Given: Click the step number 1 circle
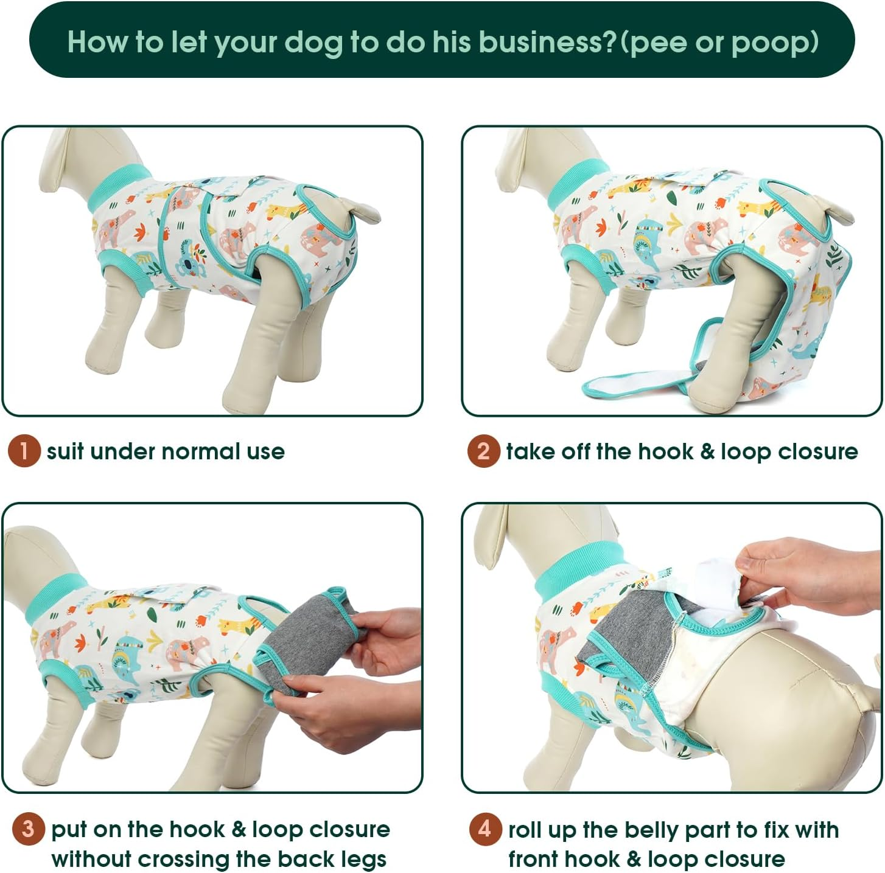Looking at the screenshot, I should [x=24, y=451].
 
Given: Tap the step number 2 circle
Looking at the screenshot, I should [x=483, y=451].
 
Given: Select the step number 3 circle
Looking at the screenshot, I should [x=28, y=829].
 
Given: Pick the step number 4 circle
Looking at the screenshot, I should [x=485, y=829].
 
